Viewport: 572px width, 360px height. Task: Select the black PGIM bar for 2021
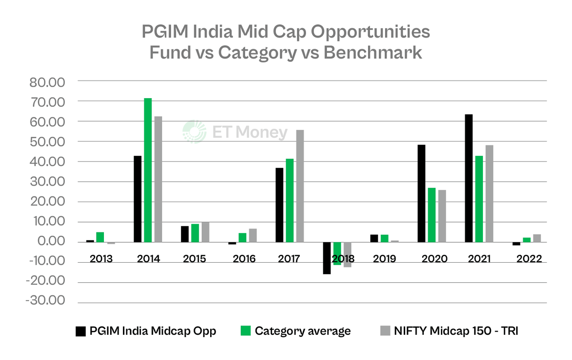[469, 178]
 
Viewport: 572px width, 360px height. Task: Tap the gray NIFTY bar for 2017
[300, 186]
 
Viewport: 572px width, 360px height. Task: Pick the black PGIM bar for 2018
[327, 258]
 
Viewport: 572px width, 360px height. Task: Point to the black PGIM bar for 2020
[421, 193]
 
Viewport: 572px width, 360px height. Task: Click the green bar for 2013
[100, 237]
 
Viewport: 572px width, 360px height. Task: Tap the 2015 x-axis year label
[194, 259]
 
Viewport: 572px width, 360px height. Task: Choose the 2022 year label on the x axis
[529, 259]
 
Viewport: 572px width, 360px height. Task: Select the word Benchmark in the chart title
[372, 52]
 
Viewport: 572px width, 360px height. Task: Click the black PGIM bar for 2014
[138, 199]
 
